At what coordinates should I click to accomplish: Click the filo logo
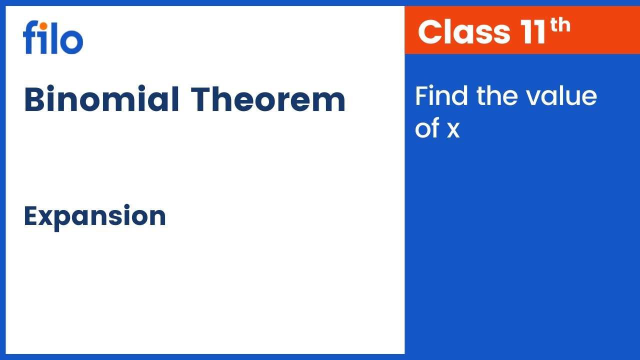coord(53,37)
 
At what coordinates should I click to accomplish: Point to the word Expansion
coord(95,216)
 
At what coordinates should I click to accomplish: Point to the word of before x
coord(427,128)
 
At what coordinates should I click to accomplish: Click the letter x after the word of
coord(453,130)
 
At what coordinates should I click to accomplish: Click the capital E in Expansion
coord(31,216)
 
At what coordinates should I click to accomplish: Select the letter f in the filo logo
coord(29,37)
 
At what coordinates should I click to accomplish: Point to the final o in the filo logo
coord(72,42)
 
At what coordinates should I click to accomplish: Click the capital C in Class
coord(430,31)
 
